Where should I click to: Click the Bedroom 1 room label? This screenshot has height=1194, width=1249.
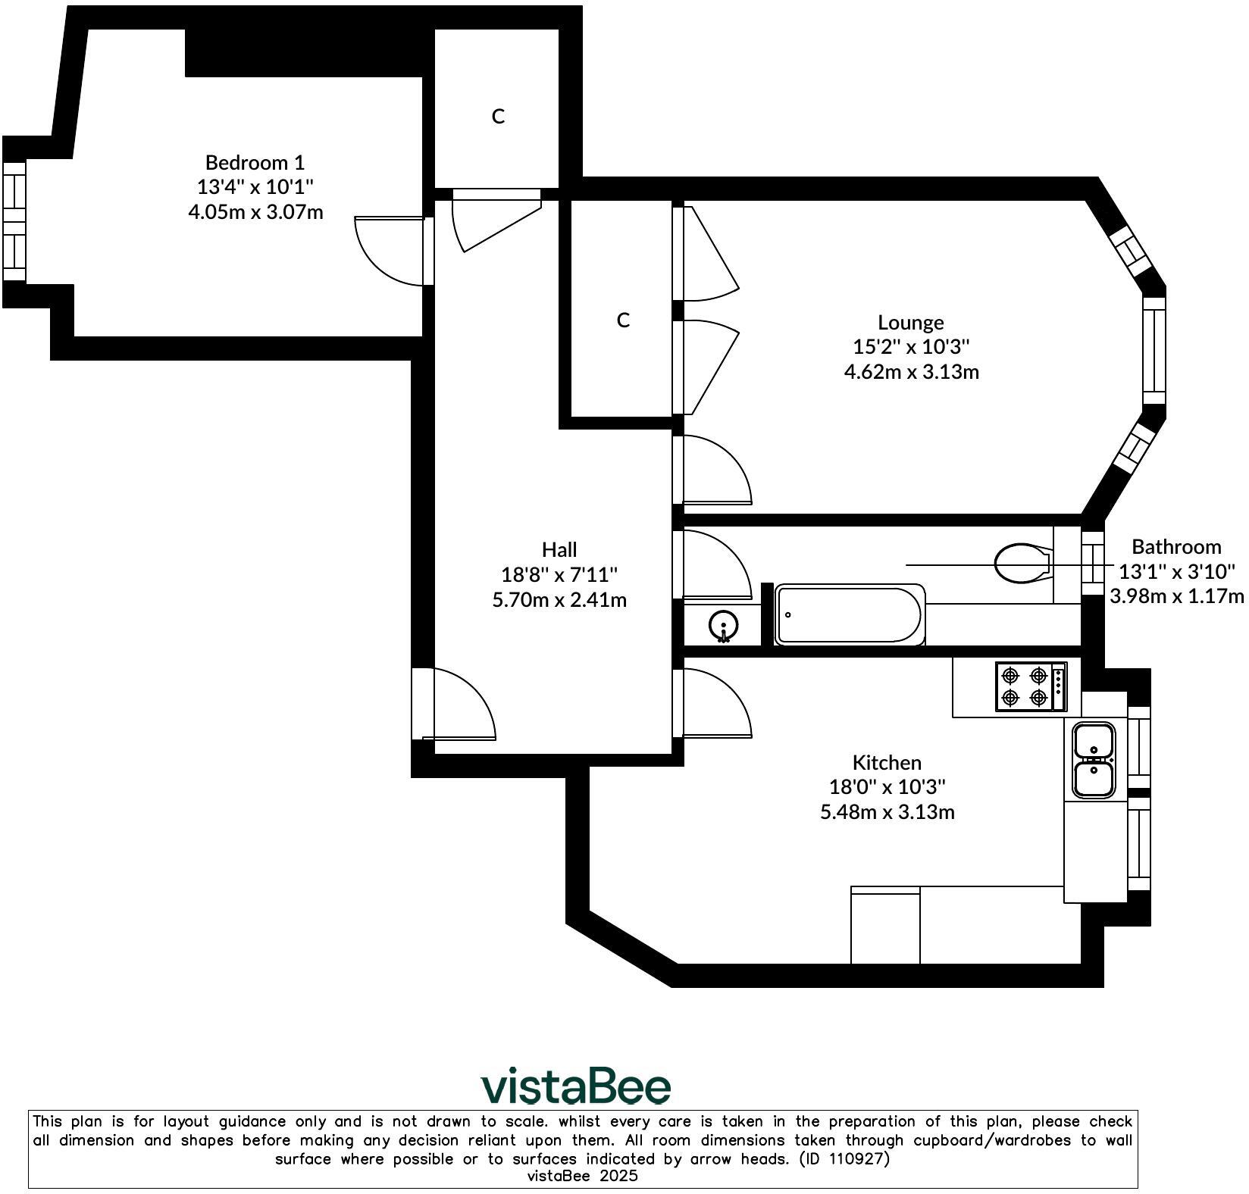(x=255, y=162)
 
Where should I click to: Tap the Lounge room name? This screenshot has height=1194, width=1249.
(x=910, y=323)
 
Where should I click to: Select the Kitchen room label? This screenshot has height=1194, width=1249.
(x=887, y=762)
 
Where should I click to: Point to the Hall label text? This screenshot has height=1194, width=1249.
(x=559, y=549)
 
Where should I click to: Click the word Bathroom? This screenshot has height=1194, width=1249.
(x=1176, y=546)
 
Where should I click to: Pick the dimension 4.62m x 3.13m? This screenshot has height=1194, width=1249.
(x=911, y=371)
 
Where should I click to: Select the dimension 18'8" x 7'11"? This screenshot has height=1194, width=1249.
(x=559, y=574)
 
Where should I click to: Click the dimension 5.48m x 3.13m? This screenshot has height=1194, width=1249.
(x=887, y=812)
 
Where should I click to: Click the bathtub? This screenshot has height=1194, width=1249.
(x=850, y=614)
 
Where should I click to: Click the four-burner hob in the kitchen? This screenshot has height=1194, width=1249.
(x=1031, y=686)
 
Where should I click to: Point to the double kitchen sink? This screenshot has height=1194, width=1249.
(x=1094, y=760)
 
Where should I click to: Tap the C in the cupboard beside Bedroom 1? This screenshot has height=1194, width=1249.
(x=498, y=116)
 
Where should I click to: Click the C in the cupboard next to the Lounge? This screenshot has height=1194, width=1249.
(x=623, y=320)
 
